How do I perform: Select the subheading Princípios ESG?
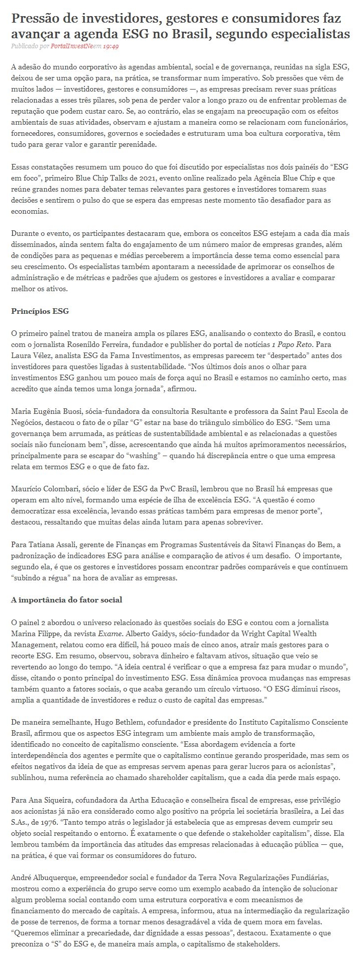point(40,311)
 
